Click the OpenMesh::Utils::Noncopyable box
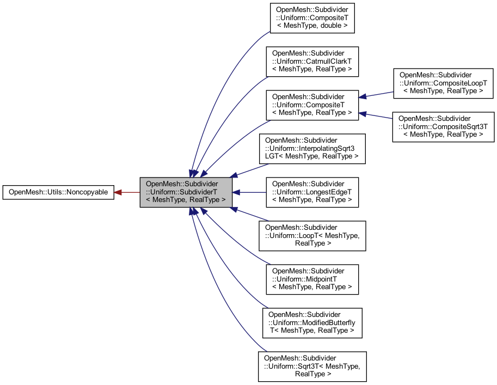point(58,192)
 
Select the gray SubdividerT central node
point(186,192)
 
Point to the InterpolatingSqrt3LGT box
point(312,149)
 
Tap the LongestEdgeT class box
point(312,192)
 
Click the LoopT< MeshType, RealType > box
point(312,236)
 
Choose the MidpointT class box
point(312,279)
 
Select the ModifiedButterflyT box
point(312,323)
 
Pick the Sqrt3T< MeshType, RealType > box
point(312,366)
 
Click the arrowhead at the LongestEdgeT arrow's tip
point(237,192)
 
